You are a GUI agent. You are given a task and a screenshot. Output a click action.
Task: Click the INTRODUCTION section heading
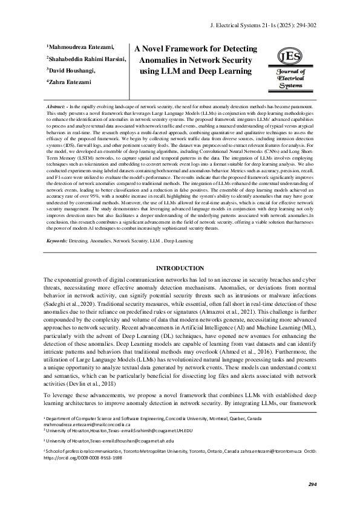tap(180, 267)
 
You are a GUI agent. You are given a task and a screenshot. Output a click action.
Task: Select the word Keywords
tap(57, 241)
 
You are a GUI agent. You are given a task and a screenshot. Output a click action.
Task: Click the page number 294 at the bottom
tap(312, 485)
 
